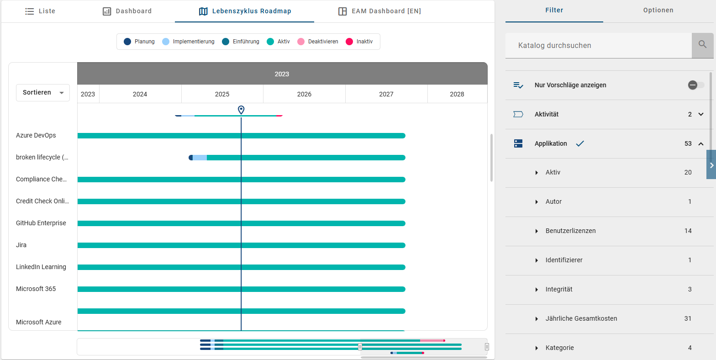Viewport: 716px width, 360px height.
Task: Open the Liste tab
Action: (40, 11)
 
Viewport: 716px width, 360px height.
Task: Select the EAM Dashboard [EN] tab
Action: (379, 11)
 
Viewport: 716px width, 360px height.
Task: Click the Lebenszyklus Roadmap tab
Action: (245, 11)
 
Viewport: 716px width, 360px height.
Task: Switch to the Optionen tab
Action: (658, 10)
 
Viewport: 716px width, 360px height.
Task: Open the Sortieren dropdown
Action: (43, 93)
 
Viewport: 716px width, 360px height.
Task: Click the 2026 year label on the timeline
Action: (304, 94)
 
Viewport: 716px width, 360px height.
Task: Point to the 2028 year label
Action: (457, 94)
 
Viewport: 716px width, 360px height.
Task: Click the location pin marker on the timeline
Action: (241, 110)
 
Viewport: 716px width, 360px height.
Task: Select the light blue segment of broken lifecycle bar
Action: (200, 158)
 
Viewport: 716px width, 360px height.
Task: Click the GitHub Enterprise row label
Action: (41, 223)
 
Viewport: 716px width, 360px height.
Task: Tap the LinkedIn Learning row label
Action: (41, 267)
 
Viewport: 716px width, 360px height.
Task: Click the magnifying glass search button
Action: (702, 45)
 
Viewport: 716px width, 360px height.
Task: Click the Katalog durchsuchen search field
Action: (598, 45)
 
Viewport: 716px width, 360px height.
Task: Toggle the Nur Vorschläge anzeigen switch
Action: (696, 85)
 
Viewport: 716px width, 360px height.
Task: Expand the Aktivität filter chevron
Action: (701, 114)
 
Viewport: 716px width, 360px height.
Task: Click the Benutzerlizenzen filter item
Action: (570, 231)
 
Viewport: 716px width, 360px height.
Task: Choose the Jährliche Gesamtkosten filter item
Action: (581, 318)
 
